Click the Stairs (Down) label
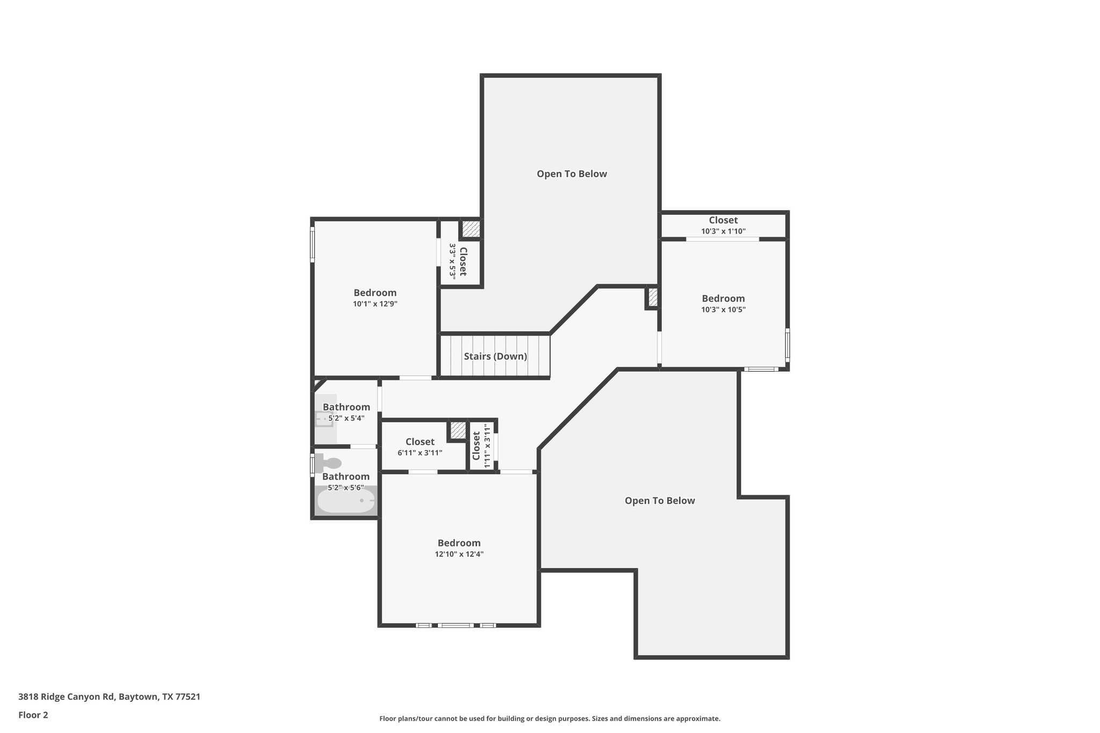(x=495, y=357)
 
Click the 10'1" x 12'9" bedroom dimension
(x=375, y=304)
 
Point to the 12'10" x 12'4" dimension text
(x=459, y=554)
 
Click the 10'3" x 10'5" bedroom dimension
(x=723, y=310)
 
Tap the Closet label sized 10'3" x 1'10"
(x=723, y=220)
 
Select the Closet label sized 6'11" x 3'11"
(x=419, y=442)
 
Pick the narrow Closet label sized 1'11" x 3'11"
(x=476, y=446)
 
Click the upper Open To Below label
(x=571, y=174)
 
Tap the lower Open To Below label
(x=660, y=501)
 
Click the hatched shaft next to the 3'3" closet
(x=471, y=229)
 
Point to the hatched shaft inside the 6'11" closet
(x=458, y=430)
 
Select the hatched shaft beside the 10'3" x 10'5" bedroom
(x=653, y=297)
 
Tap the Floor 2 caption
(x=33, y=715)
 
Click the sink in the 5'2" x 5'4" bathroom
(x=324, y=418)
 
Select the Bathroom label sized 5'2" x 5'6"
(x=346, y=477)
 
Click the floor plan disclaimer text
(x=549, y=719)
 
